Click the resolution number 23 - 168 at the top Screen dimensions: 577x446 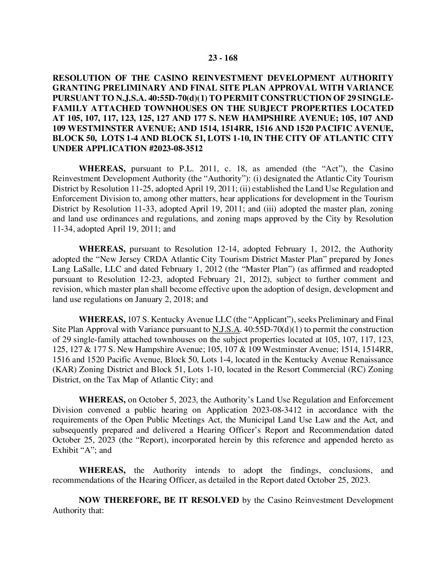click(223, 58)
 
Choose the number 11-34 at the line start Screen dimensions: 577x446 click(61, 229)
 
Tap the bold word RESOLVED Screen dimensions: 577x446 click(213, 500)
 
